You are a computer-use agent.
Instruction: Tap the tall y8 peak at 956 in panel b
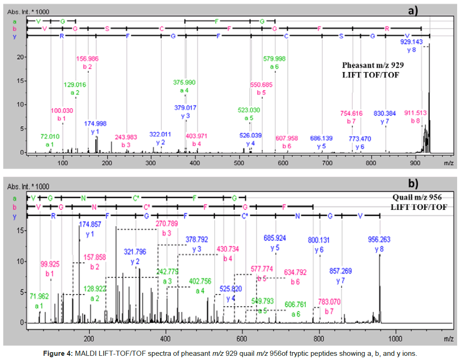380,288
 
